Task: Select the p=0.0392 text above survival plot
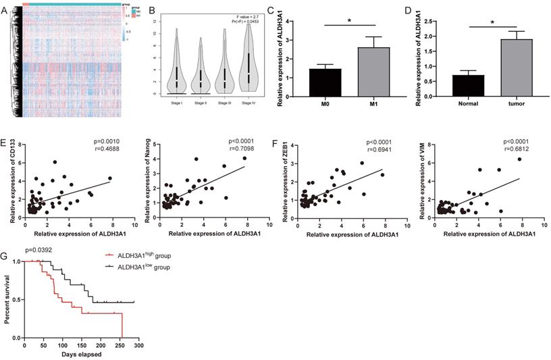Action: pyautogui.click(x=40, y=250)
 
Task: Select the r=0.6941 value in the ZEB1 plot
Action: pyautogui.click(x=379, y=151)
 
